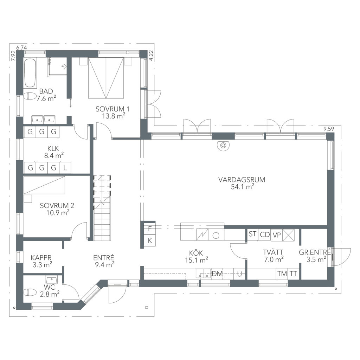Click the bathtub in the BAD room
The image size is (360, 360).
[30, 73]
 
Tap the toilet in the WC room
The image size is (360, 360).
[30, 292]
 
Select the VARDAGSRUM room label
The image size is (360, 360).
[242, 180]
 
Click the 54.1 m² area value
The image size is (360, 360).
[243, 187]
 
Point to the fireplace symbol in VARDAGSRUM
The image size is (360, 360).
[223, 145]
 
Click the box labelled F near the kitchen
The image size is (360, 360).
[150, 229]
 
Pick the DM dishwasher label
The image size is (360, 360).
[217, 274]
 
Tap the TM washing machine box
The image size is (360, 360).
[282, 274]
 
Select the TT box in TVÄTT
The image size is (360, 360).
[294, 274]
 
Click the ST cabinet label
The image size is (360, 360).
[252, 234]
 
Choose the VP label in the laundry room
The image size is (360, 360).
[277, 235]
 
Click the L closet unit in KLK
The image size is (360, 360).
[65, 168]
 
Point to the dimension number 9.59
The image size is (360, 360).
[329, 129]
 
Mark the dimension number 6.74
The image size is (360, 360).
[21, 48]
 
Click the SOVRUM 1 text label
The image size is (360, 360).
[112, 109]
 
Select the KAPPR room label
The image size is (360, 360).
[41, 258]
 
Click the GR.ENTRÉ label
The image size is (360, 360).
[315, 252]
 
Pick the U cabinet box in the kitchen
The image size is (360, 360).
[239, 274]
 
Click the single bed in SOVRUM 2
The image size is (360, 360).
[44, 185]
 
